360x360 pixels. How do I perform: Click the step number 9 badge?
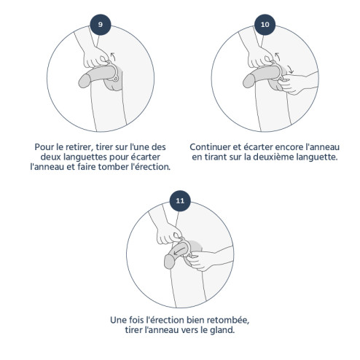click(101, 25)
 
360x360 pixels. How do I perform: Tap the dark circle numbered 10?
click(265, 25)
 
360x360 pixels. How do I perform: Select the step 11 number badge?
click(180, 201)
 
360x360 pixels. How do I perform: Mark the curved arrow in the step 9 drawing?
click(113, 56)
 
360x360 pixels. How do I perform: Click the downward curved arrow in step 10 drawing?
click(290, 69)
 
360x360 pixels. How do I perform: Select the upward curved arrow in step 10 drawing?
click(278, 56)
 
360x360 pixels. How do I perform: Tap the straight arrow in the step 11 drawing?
click(180, 251)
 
